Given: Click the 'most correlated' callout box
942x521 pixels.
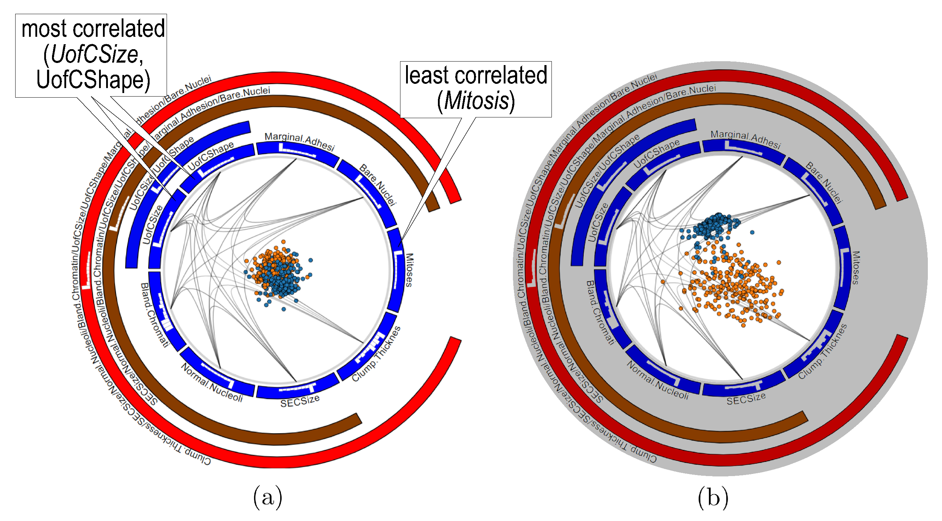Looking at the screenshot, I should click(x=91, y=55).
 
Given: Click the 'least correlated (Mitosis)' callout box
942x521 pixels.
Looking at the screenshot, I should click(x=475, y=89).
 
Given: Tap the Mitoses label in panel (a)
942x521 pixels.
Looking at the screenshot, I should click(x=409, y=270).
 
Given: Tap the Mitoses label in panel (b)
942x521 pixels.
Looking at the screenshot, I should click(x=855, y=268).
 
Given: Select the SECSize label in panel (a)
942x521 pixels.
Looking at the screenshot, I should click(x=300, y=401).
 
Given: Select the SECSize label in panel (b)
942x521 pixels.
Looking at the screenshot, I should click(x=746, y=399).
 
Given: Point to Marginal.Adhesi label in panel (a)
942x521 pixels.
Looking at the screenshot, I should click(x=300, y=141).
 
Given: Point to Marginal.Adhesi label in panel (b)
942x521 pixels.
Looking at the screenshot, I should click(x=746, y=139).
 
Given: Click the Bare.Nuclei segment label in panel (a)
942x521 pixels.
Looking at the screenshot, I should click(x=378, y=184).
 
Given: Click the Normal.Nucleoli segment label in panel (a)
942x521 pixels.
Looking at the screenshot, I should click(x=212, y=383).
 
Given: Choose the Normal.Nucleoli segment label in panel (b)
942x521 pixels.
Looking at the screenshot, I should click(x=658, y=381).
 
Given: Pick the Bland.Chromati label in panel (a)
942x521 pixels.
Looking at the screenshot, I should click(x=155, y=315).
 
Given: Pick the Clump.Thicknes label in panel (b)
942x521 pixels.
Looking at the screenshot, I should click(x=822, y=351).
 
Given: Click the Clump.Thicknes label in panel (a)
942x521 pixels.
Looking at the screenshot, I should click(x=376, y=354).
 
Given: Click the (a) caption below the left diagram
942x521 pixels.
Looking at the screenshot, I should click(x=268, y=497).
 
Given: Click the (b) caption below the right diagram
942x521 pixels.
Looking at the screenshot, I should click(x=713, y=497).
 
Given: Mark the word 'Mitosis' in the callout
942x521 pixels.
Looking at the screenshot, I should click(x=476, y=100).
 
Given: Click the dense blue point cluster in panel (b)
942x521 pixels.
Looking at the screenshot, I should click(x=713, y=225).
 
